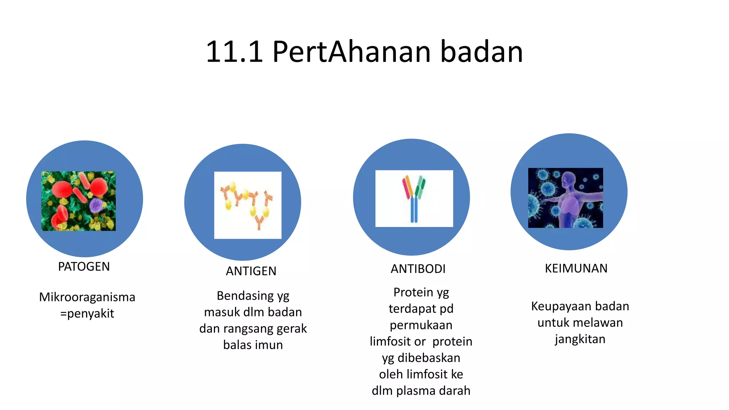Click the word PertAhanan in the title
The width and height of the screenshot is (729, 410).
click(x=352, y=52)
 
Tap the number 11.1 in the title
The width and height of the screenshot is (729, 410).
click(x=234, y=52)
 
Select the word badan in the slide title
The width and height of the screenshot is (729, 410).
click(x=482, y=52)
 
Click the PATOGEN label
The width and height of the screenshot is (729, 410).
click(x=84, y=267)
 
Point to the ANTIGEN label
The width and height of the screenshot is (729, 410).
click(x=251, y=271)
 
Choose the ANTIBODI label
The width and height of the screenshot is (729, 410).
click(x=418, y=269)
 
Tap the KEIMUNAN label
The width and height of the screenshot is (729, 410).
click(x=576, y=268)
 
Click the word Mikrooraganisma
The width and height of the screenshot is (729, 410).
click(x=87, y=297)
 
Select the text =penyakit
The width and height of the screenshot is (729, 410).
click(x=87, y=314)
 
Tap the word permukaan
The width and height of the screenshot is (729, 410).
click(x=421, y=325)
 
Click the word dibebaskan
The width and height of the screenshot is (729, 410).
click(x=429, y=358)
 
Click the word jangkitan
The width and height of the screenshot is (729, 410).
click(x=580, y=339)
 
